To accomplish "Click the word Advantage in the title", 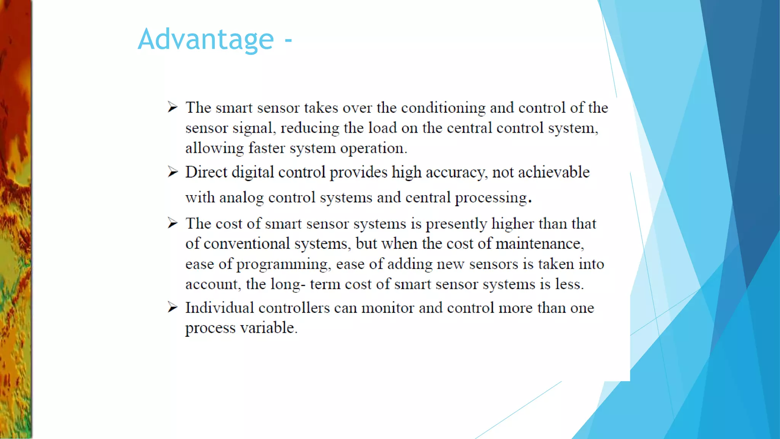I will pyautogui.click(x=206, y=39).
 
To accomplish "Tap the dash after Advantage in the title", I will pyautogui.click(x=288, y=40).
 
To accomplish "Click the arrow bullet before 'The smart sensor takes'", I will pyautogui.click(x=173, y=107).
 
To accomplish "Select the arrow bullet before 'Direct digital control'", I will pyautogui.click(x=173, y=172).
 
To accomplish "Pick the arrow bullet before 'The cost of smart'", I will pyautogui.click(x=173, y=223).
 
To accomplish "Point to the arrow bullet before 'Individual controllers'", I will pyautogui.click(x=173, y=307).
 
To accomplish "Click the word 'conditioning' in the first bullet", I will pyautogui.click(x=443, y=108).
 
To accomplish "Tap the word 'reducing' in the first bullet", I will pyautogui.click(x=310, y=128).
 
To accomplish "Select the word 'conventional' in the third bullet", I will pyautogui.click(x=247, y=244).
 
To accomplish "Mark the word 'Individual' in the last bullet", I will pyautogui.click(x=219, y=308).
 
